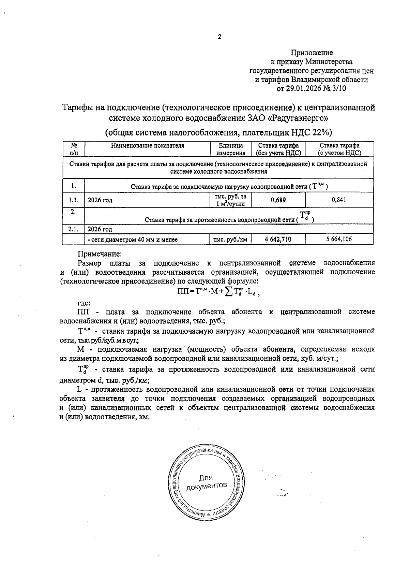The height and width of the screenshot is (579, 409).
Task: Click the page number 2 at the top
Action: (x=219, y=37)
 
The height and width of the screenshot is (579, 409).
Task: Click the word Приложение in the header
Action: (x=312, y=53)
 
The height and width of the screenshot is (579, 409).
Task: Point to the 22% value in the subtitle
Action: (x=320, y=132)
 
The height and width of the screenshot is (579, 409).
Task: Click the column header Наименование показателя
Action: (x=147, y=146)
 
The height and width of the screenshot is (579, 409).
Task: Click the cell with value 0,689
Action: (x=278, y=200)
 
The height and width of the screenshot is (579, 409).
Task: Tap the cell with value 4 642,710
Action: (x=278, y=240)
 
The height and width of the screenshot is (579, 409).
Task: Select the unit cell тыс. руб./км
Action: (x=230, y=240)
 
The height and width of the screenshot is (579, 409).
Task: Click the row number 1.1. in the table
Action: (x=73, y=200)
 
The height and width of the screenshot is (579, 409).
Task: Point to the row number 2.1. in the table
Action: (x=73, y=229)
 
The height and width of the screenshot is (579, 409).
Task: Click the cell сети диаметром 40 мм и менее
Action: (x=133, y=240)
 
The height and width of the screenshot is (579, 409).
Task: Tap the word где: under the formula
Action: (x=84, y=303)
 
